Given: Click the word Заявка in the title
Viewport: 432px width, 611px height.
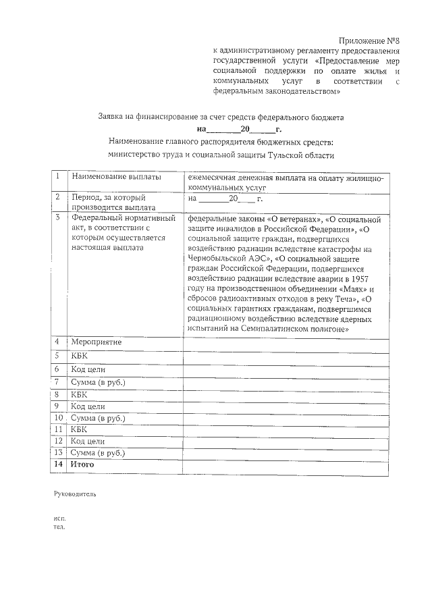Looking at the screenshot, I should (x=111, y=117).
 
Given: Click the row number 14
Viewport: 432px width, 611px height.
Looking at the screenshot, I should (x=58, y=464).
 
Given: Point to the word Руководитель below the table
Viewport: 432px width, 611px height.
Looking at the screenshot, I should (x=75, y=494).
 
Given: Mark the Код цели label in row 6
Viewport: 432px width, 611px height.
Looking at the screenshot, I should (x=88, y=369).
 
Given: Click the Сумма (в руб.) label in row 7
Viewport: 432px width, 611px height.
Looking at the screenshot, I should (x=98, y=383).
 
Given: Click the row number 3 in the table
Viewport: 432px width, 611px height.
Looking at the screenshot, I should (x=58, y=217).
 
